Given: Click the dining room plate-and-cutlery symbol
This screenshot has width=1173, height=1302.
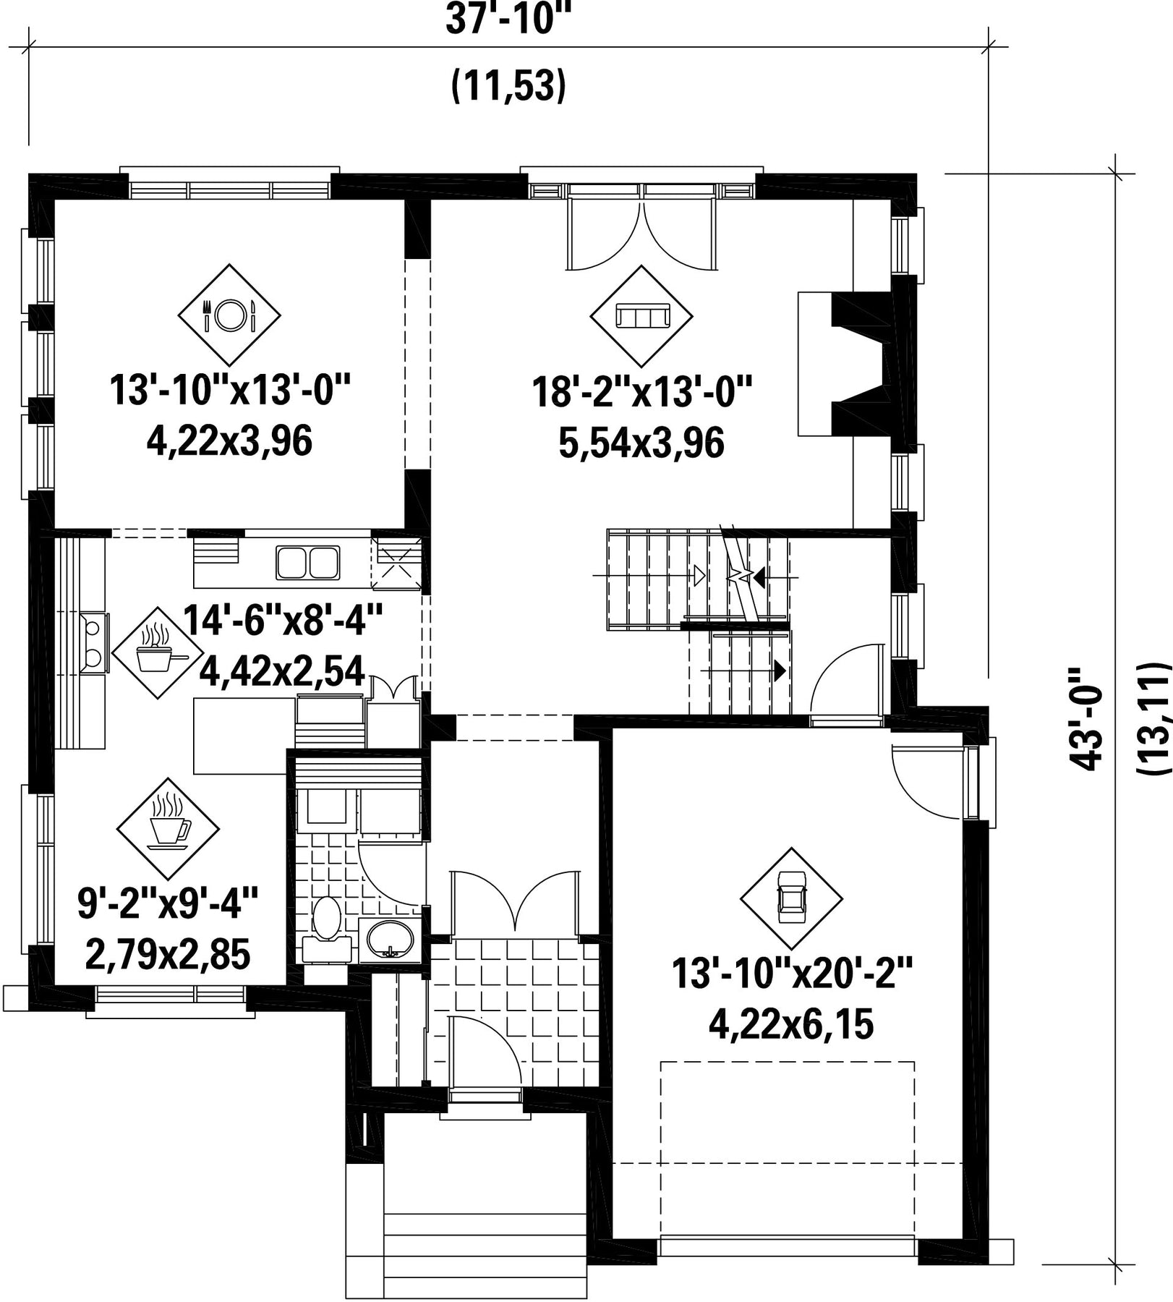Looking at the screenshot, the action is [x=229, y=315].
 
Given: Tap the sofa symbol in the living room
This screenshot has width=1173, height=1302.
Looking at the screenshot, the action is [x=641, y=316].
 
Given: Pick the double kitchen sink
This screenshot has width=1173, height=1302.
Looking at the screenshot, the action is [x=307, y=563].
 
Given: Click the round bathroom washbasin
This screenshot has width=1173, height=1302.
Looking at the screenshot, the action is [x=391, y=941].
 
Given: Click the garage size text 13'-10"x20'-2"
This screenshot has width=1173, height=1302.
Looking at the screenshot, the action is [x=793, y=973].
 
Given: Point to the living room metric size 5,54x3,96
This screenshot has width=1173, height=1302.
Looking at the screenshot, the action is [x=641, y=443].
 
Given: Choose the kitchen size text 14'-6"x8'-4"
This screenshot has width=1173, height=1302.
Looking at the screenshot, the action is [x=282, y=621].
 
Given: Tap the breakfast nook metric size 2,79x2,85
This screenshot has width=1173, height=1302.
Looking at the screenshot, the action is [x=168, y=954].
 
